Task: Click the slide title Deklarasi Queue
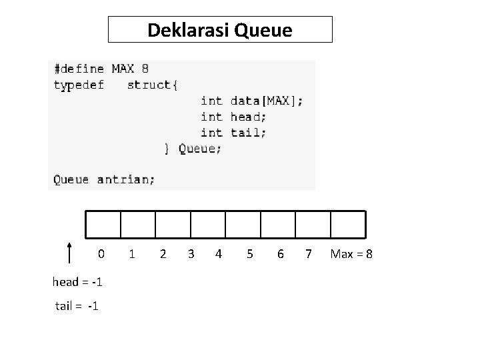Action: pyautogui.click(x=219, y=30)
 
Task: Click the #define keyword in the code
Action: pyautogui.click(x=79, y=69)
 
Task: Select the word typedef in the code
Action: pyautogui.click(x=79, y=85)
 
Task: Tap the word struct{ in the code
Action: pyautogui.click(x=152, y=85)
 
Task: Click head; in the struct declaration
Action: pyautogui.click(x=249, y=117)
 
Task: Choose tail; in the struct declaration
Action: pyautogui.click(x=249, y=133)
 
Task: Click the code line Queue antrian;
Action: pyautogui.click(x=104, y=179)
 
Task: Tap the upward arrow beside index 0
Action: pyautogui.click(x=70, y=254)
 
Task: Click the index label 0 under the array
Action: pyautogui.click(x=101, y=254)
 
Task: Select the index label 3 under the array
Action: pyautogui.click(x=191, y=254)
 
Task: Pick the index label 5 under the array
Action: pyautogui.click(x=250, y=254)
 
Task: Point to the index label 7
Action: pyautogui.click(x=308, y=254)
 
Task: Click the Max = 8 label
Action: pyautogui.click(x=351, y=254)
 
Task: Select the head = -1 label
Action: pyautogui.click(x=77, y=282)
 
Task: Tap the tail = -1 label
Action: pyautogui.click(x=77, y=306)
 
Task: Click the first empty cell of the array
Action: pyautogui.click(x=103, y=224)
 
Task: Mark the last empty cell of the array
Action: pyautogui.click(x=348, y=224)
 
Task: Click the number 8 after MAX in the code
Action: pyautogui.click(x=145, y=69)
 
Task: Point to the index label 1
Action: pyautogui.click(x=133, y=254)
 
